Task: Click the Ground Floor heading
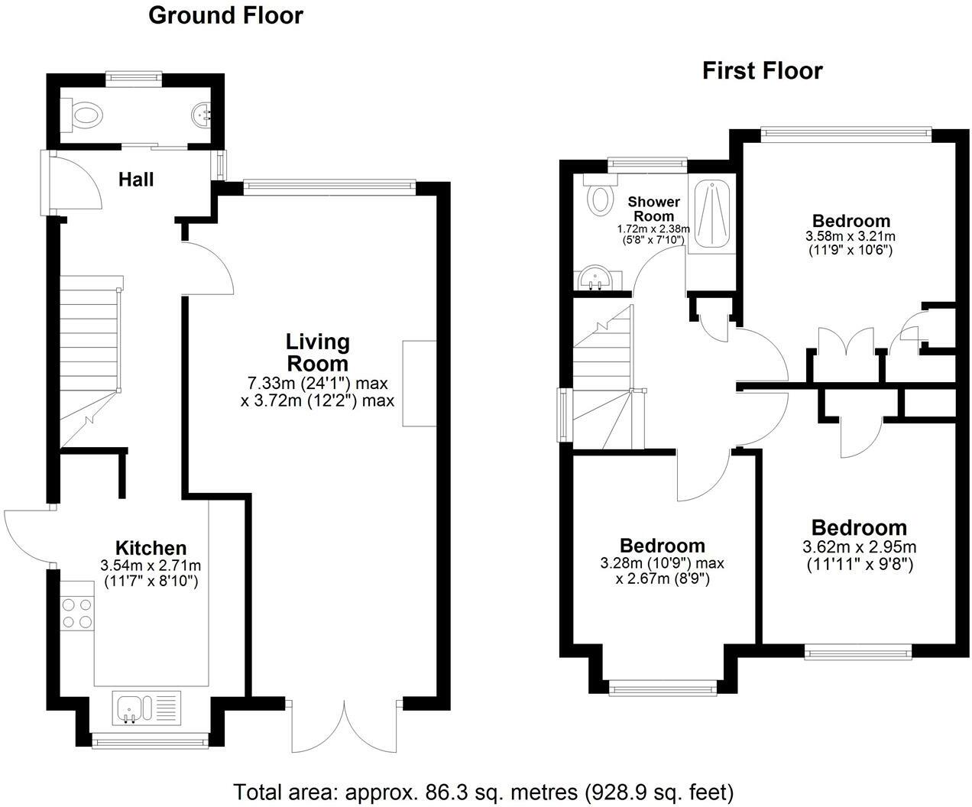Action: point(225,15)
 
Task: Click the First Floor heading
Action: point(762,71)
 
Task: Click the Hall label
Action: point(136,180)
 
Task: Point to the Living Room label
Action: point(317,352)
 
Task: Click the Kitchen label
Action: point(151,548)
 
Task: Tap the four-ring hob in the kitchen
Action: point(78,614)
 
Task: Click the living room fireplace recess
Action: point(420,383)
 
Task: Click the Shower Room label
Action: point(653,209)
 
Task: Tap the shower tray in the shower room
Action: point(710,213)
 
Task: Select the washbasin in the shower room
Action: point(594,280)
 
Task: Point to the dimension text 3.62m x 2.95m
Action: point(859,547)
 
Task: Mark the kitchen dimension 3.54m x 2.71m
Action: point(151,566)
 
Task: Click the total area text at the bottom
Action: point(483,791)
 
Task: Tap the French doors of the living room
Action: point(345,726)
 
